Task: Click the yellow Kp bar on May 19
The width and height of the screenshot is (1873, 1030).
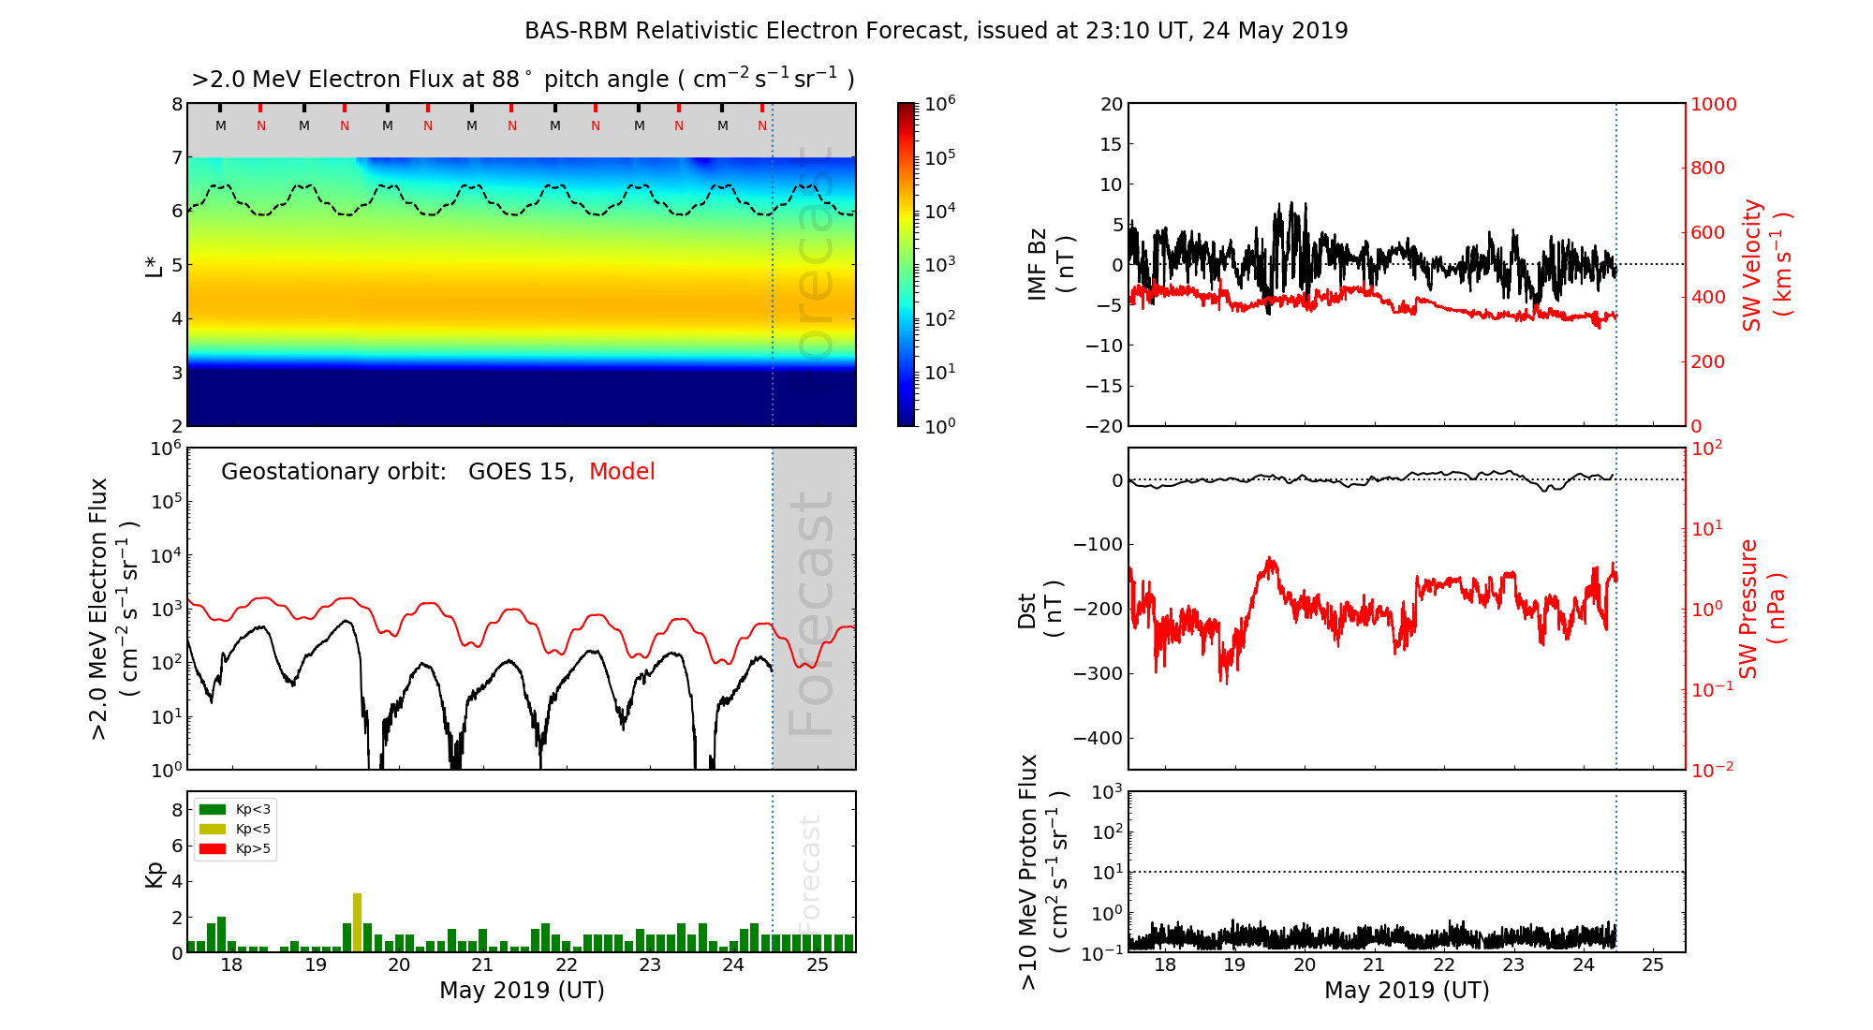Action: tap(357, 922)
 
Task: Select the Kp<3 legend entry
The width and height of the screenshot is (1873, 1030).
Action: tap(235, 809)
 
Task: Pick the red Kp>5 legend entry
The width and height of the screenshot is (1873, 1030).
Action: tap(235, 849)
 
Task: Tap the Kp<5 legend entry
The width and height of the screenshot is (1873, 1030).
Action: tap(235, 829)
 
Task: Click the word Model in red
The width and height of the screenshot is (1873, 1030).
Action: tap(622, 472)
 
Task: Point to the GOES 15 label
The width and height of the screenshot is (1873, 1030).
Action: tap(519, 472)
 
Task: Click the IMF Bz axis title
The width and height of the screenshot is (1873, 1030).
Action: tap(1051, 265)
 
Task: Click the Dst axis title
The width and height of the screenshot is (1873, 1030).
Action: tap(1040, 609)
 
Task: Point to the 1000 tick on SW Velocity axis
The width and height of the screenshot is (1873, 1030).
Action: tap(1713, 104)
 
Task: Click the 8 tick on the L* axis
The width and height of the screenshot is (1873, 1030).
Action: tap(176, 104)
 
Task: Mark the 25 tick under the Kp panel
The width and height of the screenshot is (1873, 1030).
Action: tap(818, 965)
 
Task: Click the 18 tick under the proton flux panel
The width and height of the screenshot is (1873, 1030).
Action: tap(1165, 965)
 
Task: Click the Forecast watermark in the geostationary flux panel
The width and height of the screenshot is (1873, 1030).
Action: tap(811, 613)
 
